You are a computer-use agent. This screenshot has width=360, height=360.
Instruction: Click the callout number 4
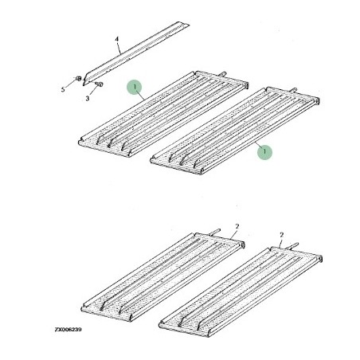tap(117, 39)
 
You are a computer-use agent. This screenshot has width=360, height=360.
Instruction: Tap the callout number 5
tap(63, 89)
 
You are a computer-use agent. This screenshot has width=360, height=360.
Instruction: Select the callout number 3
tap(88, 99)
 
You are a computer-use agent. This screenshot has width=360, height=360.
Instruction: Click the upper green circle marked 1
tap(135, 87)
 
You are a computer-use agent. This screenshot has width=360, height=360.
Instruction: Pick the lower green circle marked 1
tap(264, 151)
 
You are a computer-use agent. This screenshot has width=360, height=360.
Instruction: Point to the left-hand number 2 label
tap(237, 226)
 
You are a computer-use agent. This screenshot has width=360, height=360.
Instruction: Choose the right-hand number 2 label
tap(282, 235)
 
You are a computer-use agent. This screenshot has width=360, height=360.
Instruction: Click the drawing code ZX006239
tap(68, 330)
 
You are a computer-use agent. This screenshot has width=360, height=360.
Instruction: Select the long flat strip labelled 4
tap(136, 53)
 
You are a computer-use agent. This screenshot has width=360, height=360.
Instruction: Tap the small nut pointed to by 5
tap(78, 79)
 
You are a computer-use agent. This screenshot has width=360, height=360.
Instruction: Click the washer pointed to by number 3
tap(100, 84)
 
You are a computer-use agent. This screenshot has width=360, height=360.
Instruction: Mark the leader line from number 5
tap(70, 83)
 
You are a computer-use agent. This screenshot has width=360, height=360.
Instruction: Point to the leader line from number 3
tap(93, 91)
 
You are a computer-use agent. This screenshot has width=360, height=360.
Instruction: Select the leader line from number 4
tap(119, 49)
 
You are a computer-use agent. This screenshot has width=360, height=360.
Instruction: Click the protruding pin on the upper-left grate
tap(222, 73)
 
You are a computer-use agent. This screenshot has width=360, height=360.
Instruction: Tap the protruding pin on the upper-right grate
tap(293, 90)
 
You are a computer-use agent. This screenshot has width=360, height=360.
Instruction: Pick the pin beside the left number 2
tap(215, 232)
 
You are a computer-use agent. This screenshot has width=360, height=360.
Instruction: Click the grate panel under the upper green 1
tap(163, 114)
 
